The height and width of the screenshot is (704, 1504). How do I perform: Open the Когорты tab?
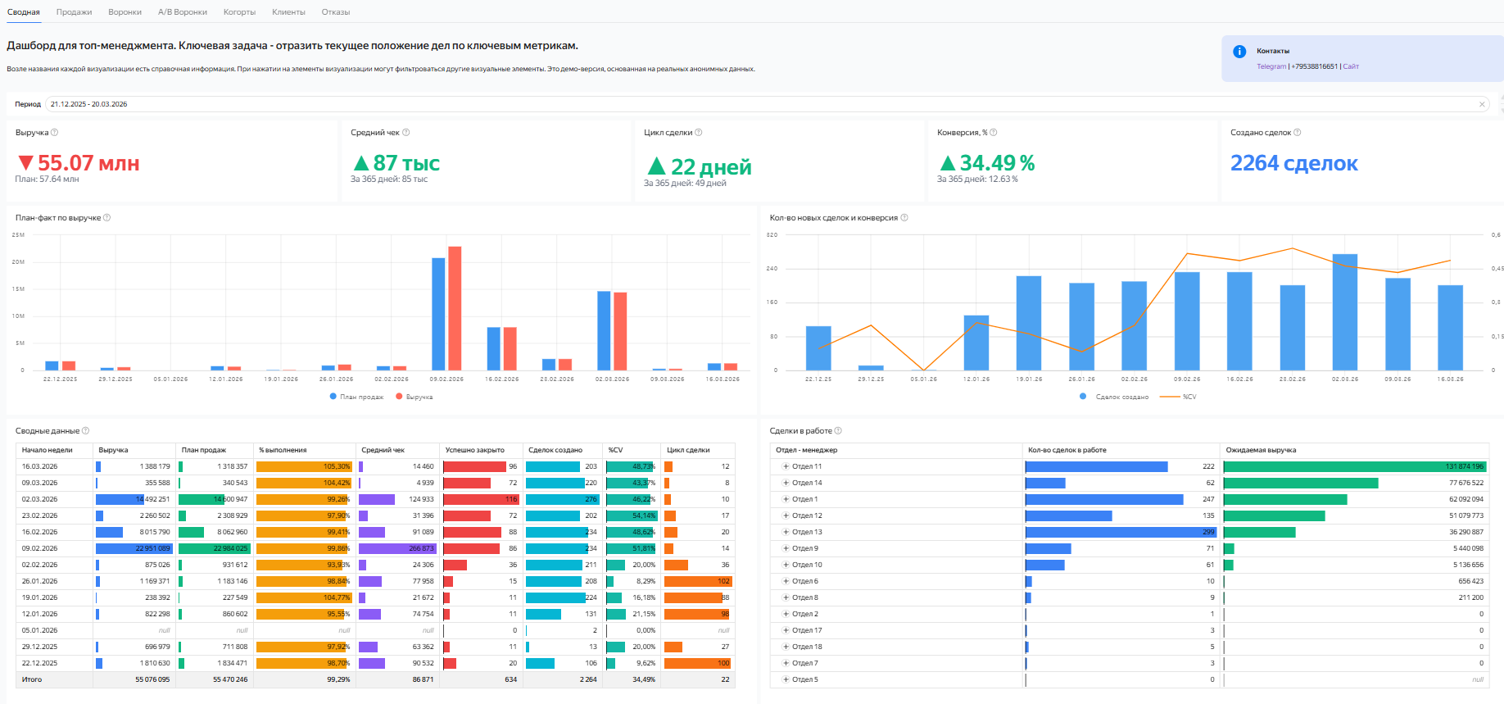click(239, 12)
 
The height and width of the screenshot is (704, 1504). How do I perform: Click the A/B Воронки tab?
click(182, 12)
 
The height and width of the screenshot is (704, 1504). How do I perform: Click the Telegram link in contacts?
click(1271, 66)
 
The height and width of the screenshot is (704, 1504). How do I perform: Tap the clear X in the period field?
click(1481, 104)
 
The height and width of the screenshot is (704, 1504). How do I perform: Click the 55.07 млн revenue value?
click(88, 163)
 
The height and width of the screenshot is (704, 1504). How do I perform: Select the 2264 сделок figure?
click(1293, 163)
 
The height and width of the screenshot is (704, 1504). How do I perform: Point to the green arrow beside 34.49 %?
click(947, 163)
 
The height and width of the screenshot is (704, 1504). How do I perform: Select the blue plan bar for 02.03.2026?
click(604, 330)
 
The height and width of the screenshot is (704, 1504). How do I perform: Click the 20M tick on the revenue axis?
click(18, 262)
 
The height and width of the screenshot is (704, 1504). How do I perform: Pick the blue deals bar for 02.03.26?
click(1344, 311)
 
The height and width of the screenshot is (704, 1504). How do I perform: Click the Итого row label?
click(32, 679)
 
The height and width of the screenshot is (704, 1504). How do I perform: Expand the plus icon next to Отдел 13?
click(786, 532)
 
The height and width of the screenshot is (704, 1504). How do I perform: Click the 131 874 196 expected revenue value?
click(1464, 466)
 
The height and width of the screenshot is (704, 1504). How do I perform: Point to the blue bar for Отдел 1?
click(1103, 499)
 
